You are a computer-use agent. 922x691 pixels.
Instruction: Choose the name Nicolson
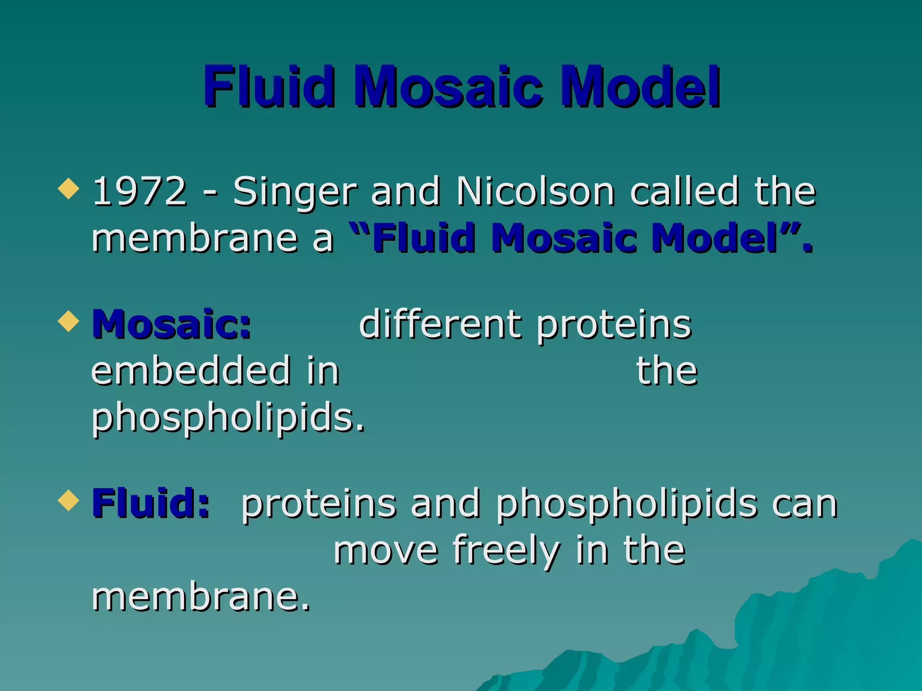[x=535, y=191]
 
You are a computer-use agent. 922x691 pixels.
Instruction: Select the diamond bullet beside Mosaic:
[x=69, y=321]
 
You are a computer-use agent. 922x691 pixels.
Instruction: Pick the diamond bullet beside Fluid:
[x=69, y=500]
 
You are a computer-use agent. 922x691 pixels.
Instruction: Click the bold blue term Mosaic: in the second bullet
[x=172, y=324]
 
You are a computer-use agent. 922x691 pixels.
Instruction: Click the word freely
[x=506, y=551]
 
